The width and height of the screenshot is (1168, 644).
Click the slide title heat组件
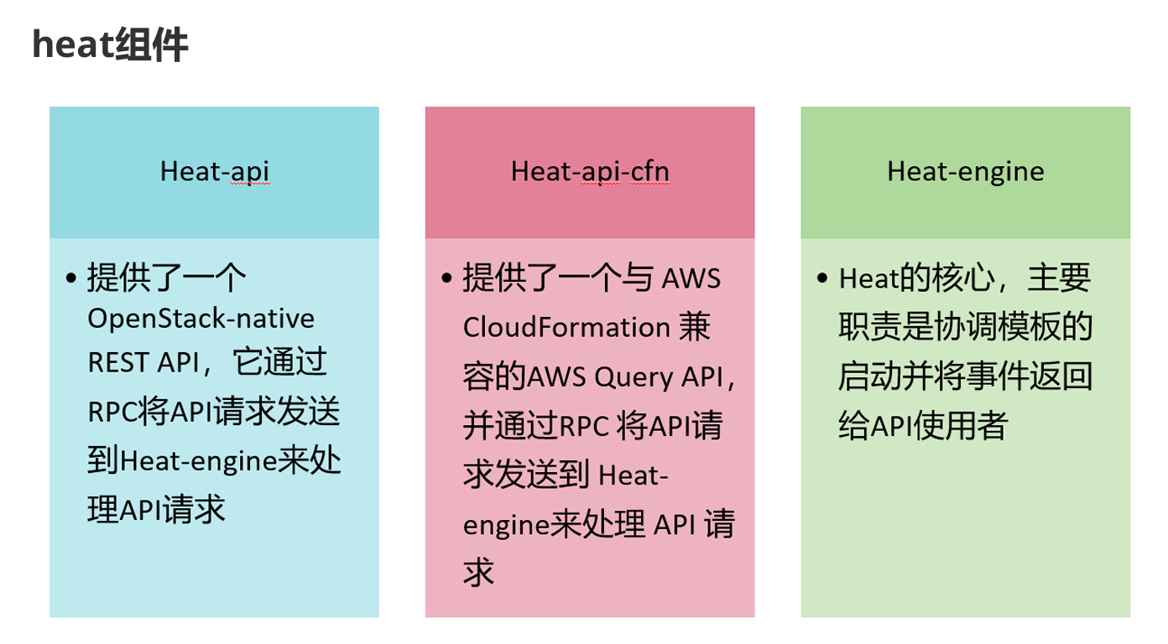pyautogui.click(x=110, y=44)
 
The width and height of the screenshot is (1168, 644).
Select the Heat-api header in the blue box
pyautogui.click(x=215, y=171)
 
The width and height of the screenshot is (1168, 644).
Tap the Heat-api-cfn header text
pyautogui.click(x=590, y=171)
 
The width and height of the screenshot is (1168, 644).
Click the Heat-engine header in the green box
pyautogui.click(x=966, y=171)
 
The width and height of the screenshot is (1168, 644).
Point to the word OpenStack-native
pyautogui.click(x=201, y=319)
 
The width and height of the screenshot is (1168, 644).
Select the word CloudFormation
pyautogui.click(x=566, y=326)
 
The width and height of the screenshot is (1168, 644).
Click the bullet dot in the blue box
pyautogui.click(x=70, y=278)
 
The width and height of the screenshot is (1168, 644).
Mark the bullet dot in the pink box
pyautogui.click(x=446, y=278)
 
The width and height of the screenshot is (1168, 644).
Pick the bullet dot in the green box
pyautogui.click(x=822, y=278)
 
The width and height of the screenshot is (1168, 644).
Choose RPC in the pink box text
pyautogui.click(x=583, y=426)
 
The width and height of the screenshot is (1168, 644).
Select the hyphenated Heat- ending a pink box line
pyautogui.click(x=634, y=475)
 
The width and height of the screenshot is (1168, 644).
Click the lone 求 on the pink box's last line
pyautogui.click(x=479, y=574)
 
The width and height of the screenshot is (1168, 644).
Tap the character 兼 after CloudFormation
pyautogui.click(x=694, y=326)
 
